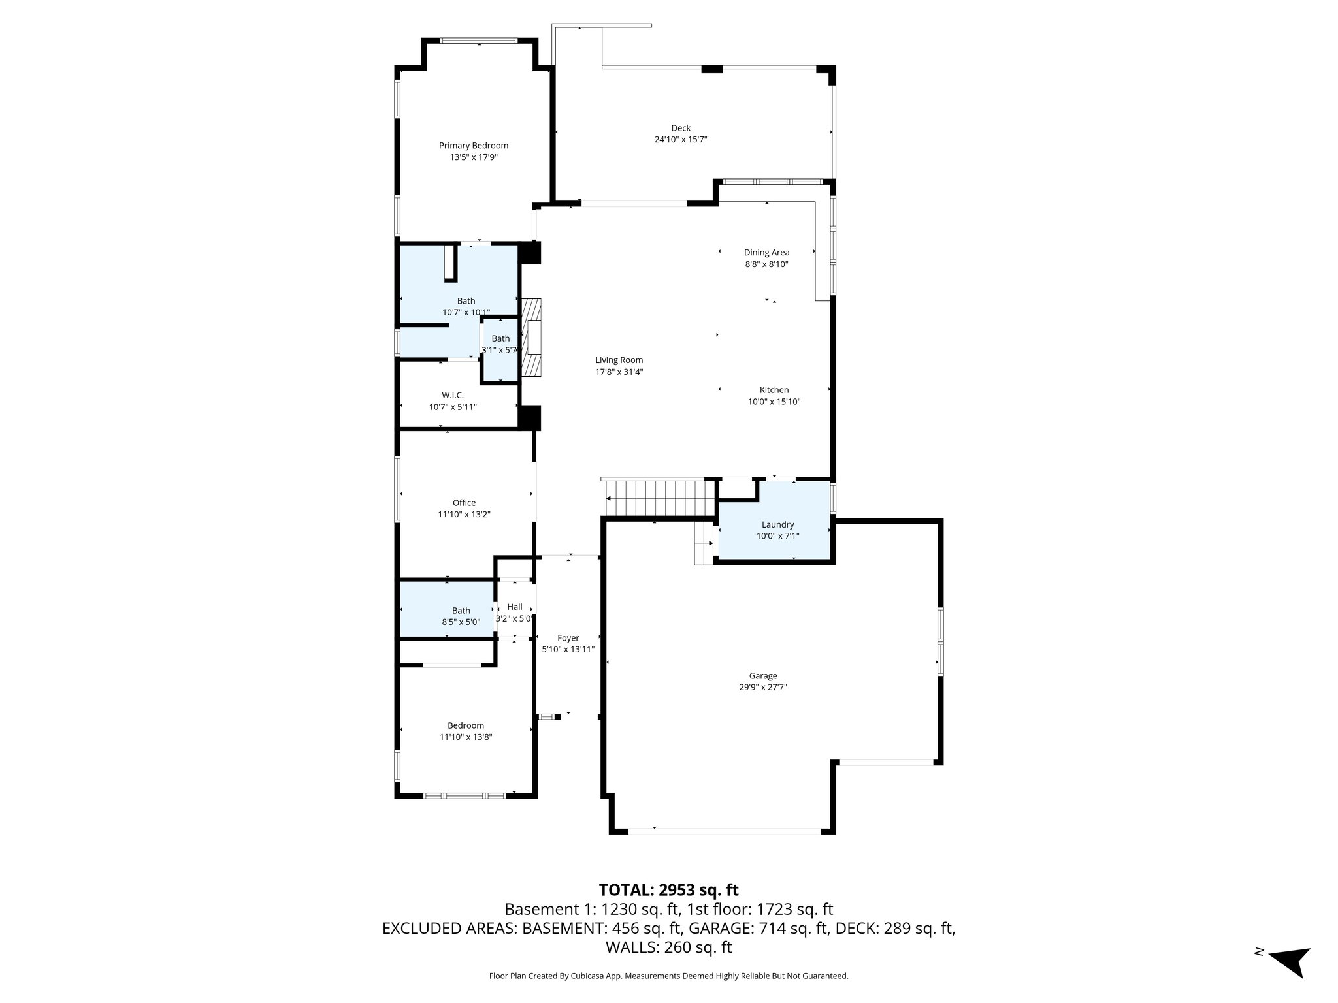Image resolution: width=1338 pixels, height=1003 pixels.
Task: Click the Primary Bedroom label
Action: coord(473,146)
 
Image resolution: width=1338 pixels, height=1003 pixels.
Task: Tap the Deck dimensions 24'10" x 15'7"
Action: coord(681,140)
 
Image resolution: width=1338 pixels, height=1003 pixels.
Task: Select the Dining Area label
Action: coord(766,253)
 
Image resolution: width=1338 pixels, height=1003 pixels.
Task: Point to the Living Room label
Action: coord(619,360)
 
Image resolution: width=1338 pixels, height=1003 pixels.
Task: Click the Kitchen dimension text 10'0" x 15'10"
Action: coord(774,402)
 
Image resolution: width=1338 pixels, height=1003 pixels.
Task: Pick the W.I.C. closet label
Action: coord(453,396)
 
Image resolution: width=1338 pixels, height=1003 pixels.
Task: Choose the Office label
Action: coord(464,503)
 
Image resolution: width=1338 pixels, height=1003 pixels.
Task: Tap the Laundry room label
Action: coord(777,525)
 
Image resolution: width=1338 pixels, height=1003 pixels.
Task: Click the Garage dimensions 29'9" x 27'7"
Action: coord(763,688)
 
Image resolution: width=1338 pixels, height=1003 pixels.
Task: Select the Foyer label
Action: coord(568,638)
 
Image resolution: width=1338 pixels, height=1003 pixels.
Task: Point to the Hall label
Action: coord(515,607)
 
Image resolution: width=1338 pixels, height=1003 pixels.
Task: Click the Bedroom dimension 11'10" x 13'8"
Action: coord(466,737)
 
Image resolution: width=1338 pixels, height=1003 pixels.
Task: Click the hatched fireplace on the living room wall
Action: coord(532,338)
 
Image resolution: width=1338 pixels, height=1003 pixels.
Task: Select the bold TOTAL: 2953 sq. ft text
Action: coord(668,890)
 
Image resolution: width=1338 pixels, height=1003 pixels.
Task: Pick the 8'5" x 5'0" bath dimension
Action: coord(461,622)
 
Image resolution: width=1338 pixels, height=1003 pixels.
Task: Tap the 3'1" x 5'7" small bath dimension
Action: coord(500,350)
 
